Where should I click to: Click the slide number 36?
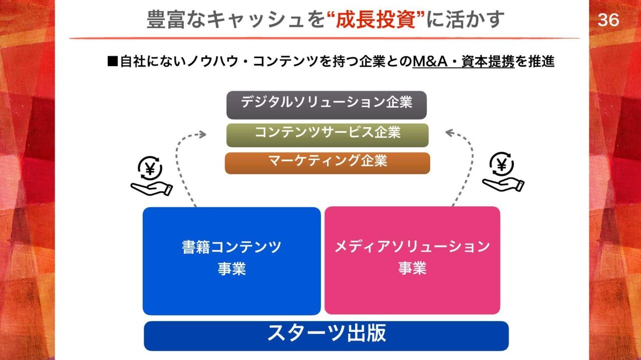pyautogui.click(x=608, y=20)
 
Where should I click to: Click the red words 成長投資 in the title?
pyautogui.click(x=376, y=20)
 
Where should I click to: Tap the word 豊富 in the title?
pyautogui.click(x=166, y=20)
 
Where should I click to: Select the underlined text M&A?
pyautogui.click(x=430, y=61)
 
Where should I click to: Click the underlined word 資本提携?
pyautogui.click(x=488, y=61)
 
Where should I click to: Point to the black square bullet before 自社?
pyautogui.click(x=113, y=61)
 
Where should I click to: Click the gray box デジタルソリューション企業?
pyautogui.click(x=327, y=105)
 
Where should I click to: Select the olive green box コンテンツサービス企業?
pyautogui.click(x=328, y=135)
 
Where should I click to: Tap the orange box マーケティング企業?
pyautogui.click(x=328, y=163)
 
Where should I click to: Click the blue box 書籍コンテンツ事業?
pyautogui.click(x=232, y=261)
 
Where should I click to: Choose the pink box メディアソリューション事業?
pyautogui.click(x=412, y=260)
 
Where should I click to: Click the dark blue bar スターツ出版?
pyautogui.click(x=326, y=336)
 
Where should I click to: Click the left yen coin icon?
pyautogui.click(x=150, y=168)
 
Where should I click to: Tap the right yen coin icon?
pyautogui.click(x=501, y=164)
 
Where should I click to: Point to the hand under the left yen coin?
pyautogui.click(x=152, y=189)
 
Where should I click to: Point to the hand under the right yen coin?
pyautogui.click(x=503, y=185)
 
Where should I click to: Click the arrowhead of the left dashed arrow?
pyautogui.click(x=203, y=134)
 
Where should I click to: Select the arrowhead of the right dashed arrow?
pyautogui.click(x=450, y=133)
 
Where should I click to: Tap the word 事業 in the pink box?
pyautogui.click(x=412, y=268)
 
